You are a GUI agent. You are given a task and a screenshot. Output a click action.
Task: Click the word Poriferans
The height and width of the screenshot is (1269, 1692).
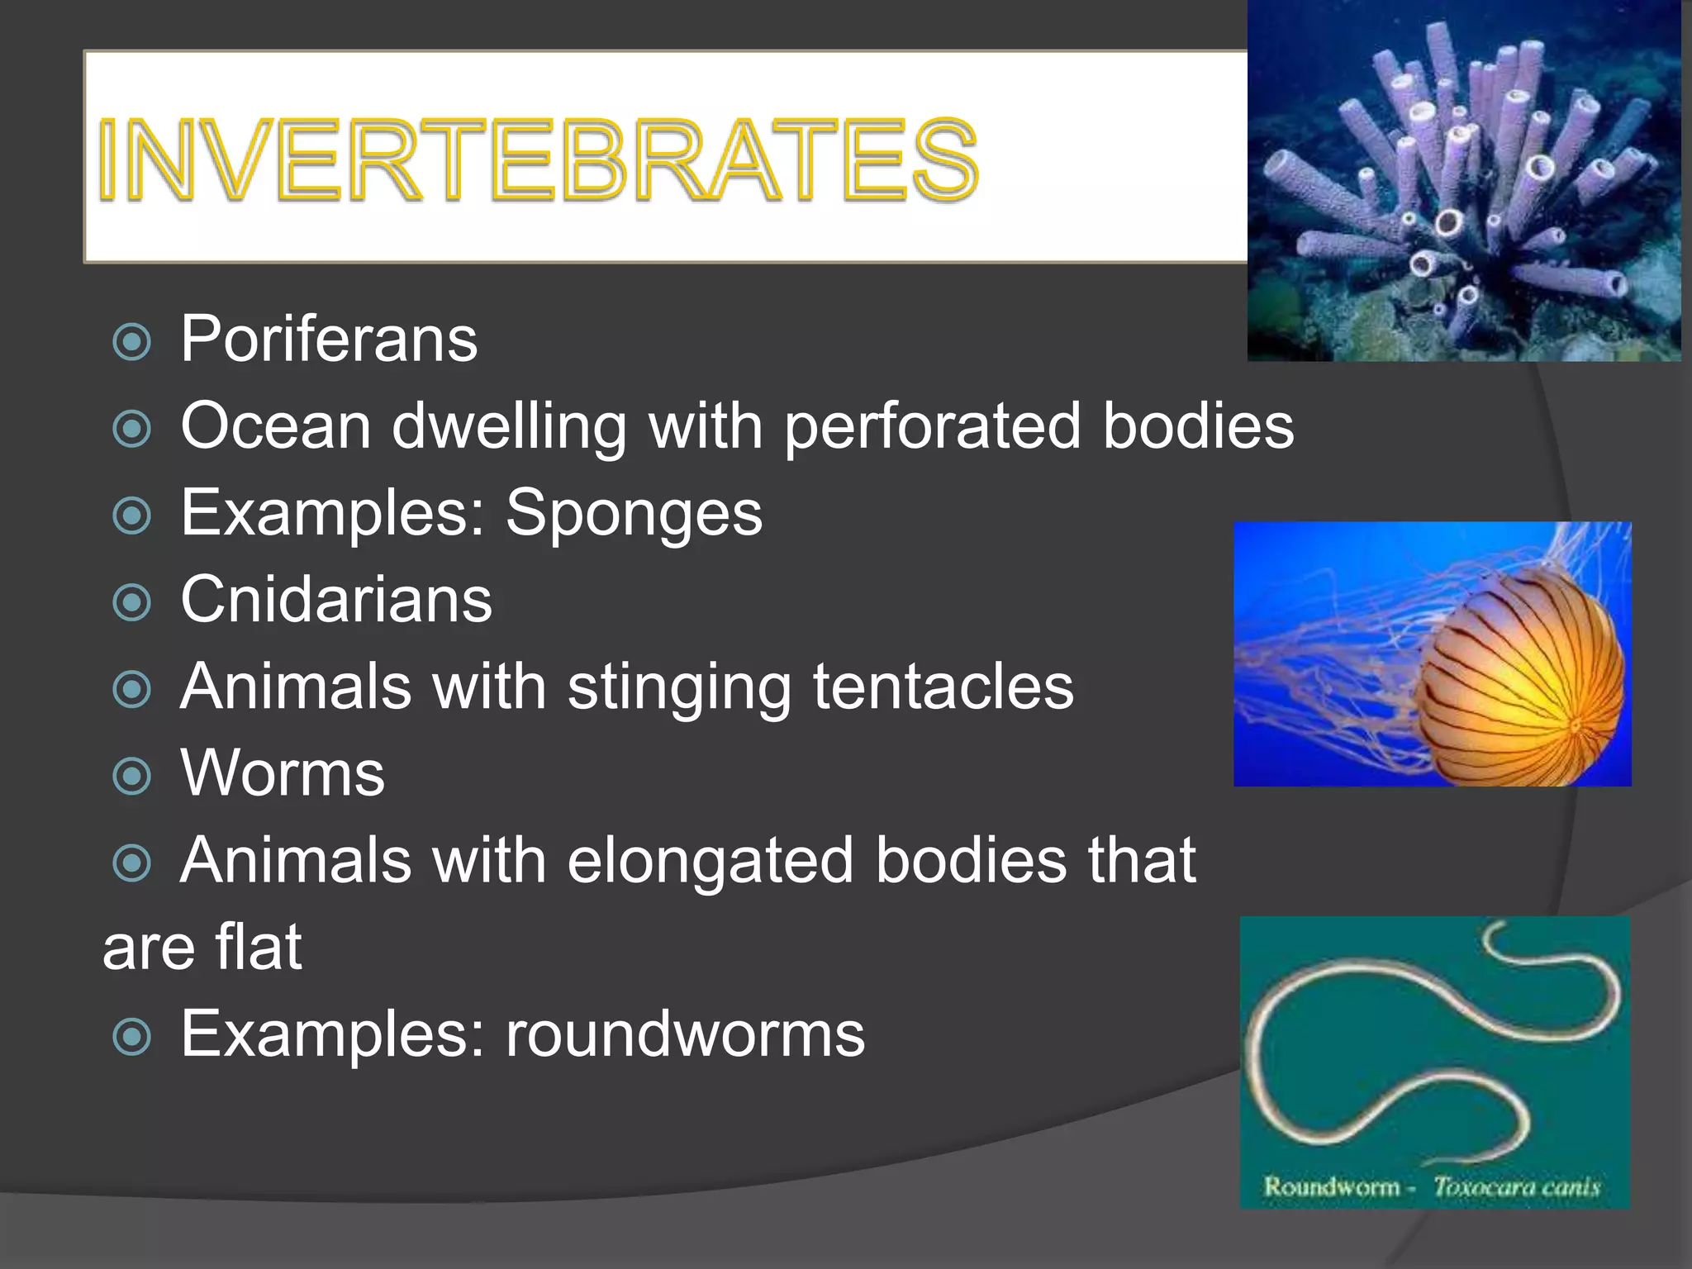click(x=329, y=339)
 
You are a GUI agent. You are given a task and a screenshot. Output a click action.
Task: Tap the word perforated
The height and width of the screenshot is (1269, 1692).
click(x=932, y=426)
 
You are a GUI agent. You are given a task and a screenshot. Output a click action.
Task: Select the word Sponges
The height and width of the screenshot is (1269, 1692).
click(x=634, y=513)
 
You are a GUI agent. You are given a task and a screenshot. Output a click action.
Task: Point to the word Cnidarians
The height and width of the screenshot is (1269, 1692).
click(x=336, y=600)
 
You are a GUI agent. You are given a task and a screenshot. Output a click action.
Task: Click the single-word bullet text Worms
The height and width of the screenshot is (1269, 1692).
click(x=283, y=774)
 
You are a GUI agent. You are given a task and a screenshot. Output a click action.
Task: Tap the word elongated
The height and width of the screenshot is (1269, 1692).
click(x=710, y=861)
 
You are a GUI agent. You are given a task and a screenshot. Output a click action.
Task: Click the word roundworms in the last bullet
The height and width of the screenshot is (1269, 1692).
click(x=685, y=1034)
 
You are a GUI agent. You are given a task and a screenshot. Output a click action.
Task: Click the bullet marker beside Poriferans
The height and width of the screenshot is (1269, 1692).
click(x=131, y=342)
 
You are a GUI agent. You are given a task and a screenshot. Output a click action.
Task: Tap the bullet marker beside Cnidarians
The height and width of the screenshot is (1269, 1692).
click(x=131, y=602)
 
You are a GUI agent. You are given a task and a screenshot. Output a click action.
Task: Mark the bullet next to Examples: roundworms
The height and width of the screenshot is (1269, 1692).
click(x=131, y=1037)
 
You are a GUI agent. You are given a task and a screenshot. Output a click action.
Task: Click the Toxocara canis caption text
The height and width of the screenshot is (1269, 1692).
click(x=1516, y=1188)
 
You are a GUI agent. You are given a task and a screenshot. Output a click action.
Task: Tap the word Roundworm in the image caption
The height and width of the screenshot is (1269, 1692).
click(x=1331, y=1188)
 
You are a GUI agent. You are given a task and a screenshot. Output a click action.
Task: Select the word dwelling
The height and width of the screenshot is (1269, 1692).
click(x=509, y=426)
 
